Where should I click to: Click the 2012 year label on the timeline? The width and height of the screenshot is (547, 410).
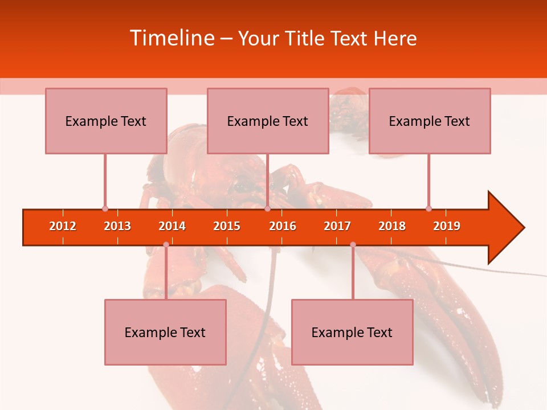(x=63, y=226)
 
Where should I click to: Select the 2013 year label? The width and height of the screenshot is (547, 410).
(x=117, y=226)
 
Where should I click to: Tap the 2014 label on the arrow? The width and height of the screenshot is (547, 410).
(x=172, y=226)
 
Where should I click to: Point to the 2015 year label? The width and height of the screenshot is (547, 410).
(x=227, y=226)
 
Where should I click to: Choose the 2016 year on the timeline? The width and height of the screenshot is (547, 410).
(x=283, y=226)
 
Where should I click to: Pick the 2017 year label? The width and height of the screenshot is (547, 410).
(x=337, y=226)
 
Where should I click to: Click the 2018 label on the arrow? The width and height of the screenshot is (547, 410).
(x=392, y=226)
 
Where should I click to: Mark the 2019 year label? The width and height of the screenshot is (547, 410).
(x=447, y=226)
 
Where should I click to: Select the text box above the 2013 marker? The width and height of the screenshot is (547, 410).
(x=106, y=121)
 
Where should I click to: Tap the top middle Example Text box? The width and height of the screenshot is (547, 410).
(x=268, y=121)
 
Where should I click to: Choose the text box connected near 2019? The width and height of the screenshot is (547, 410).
(x=430, y=121)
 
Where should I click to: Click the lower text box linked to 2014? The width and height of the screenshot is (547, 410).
(x=165, y=332)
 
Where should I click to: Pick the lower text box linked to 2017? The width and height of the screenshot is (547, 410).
(x=352, y=332)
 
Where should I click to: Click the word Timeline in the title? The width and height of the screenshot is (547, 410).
(x=171, y=38)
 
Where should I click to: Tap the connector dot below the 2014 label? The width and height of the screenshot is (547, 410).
(x=166, y=244)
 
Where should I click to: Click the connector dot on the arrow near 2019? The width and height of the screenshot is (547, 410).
(x=428, y=208)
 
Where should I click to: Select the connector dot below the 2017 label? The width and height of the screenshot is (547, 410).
(x=353, y=244)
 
